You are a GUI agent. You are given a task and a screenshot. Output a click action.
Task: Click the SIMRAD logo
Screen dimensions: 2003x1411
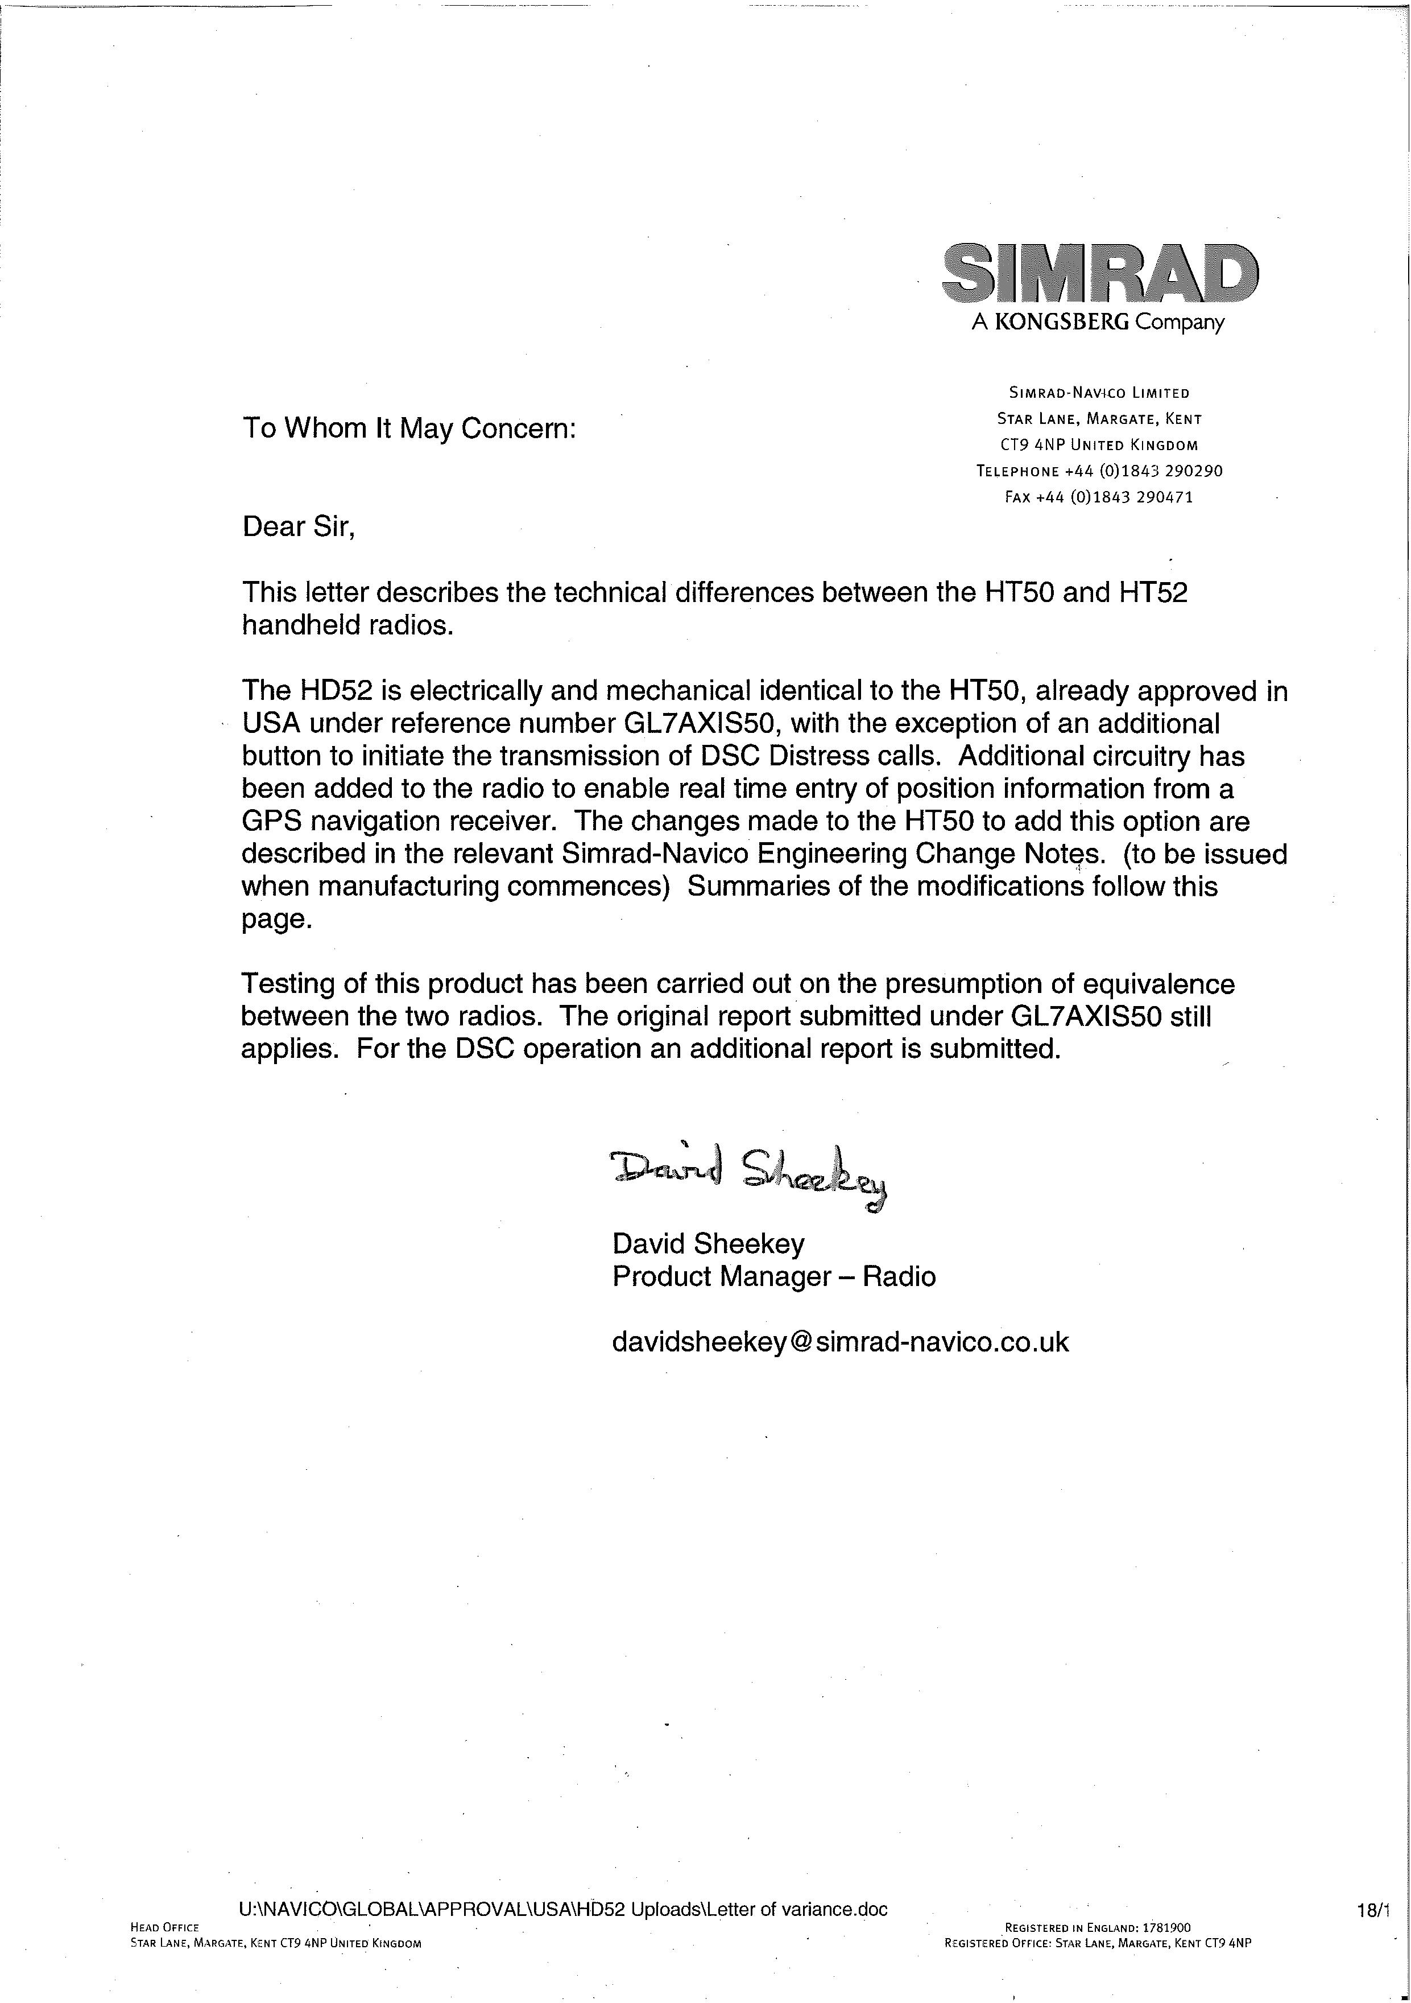pos(1100,271)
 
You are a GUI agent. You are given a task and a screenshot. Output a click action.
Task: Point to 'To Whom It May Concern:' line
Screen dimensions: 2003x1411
pos(408,429)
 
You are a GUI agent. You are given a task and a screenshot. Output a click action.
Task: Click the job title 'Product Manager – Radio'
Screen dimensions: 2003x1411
pos(773,1276)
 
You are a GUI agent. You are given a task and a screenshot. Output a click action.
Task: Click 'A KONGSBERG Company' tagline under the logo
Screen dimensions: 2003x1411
pos(1097,323)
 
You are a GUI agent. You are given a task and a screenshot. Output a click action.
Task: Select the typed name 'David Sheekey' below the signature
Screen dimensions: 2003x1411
pos(708,1243)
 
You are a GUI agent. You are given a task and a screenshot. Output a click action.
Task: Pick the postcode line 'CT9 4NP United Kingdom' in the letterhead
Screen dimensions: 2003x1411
pos(1098,445)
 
